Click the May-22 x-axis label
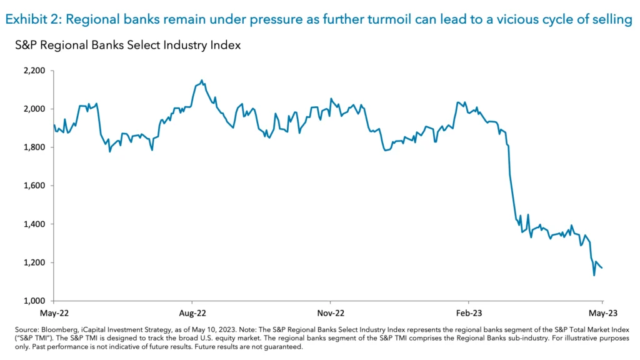54,311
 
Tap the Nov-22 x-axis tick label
330,311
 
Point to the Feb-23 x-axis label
468,311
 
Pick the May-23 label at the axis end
602,311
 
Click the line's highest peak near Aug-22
201,80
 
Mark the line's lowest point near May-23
594,275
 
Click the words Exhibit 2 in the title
31,19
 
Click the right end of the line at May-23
602,268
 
